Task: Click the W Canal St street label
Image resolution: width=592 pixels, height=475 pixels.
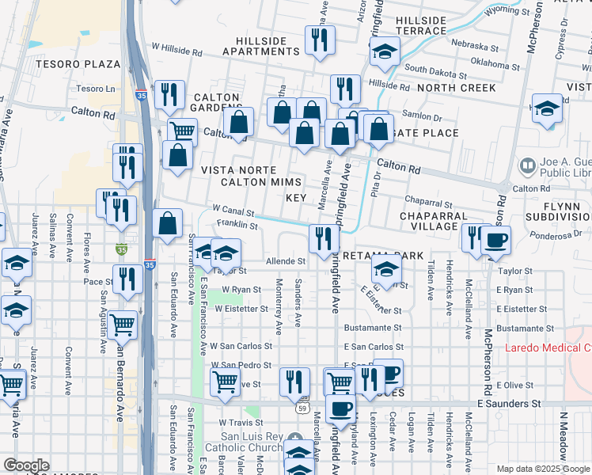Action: click(x=233, y=212)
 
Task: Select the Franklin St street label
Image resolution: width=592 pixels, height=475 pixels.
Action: click(x=237, y=226)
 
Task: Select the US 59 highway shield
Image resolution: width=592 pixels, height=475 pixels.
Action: click(x=303, y=408)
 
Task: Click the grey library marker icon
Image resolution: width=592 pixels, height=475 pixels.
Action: click(x=526, y=166)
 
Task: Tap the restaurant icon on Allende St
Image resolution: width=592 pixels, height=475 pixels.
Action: click(x=323, y=238)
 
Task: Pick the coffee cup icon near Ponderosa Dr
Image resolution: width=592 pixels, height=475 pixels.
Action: click(x=496, y=240)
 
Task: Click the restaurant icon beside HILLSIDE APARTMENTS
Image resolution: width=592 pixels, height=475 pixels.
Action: click(x=320, y=40)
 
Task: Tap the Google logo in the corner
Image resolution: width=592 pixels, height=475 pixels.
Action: click(x=26, y=465)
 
